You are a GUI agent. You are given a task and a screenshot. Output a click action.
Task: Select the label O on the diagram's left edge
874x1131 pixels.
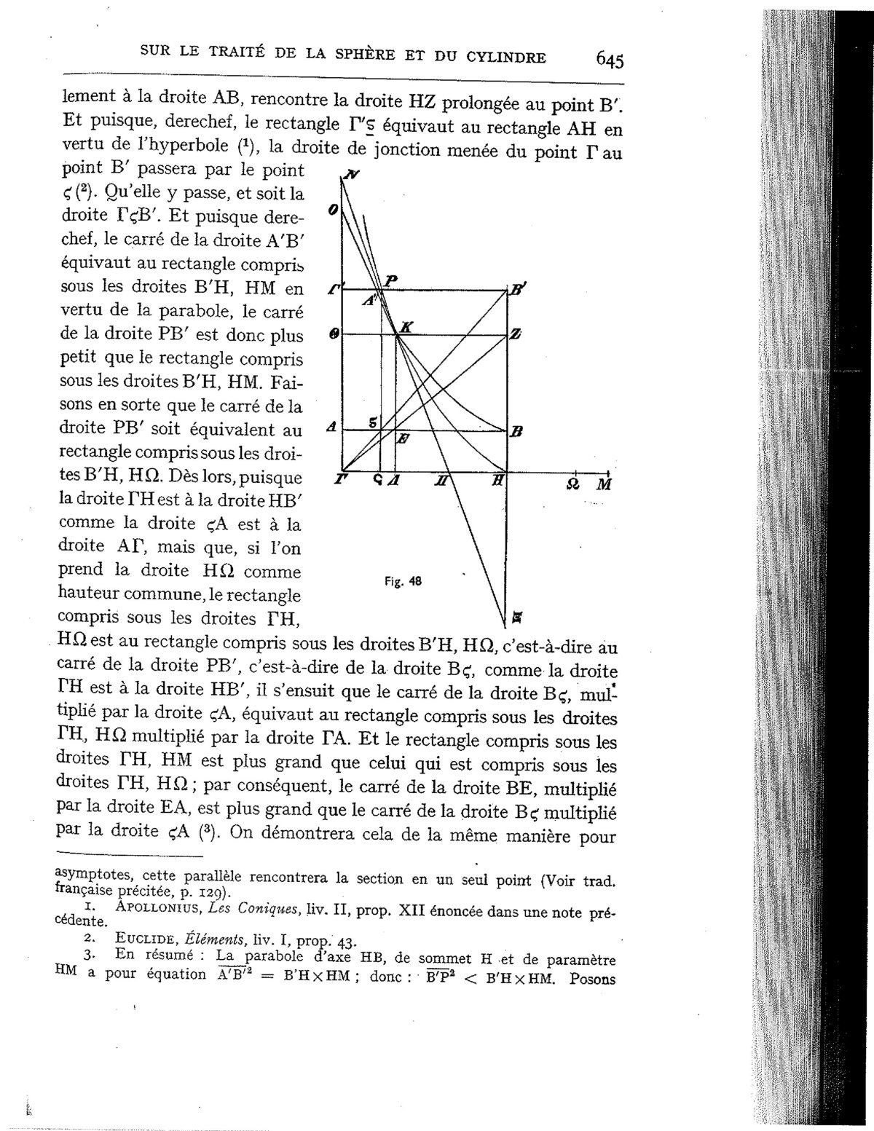point(332,210)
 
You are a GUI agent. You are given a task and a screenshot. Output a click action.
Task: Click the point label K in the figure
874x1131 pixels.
point(406,328)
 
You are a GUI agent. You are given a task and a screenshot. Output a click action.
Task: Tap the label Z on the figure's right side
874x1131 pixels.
point(516,334)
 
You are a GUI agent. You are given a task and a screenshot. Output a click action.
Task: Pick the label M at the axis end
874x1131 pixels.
point(604,485)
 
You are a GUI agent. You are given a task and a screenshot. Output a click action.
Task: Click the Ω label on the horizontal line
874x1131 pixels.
point(573,484)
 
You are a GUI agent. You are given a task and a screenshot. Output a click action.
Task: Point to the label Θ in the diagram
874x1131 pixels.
point(334,334)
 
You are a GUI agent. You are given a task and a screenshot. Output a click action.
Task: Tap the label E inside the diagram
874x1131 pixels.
point(403,439)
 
